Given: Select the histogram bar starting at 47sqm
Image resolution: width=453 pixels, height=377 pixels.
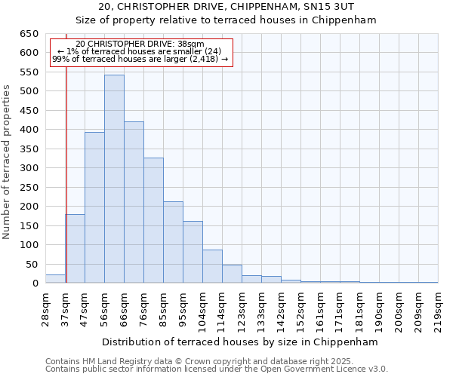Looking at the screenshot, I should point(94,207).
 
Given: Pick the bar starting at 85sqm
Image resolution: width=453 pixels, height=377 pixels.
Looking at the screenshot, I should point(173,242).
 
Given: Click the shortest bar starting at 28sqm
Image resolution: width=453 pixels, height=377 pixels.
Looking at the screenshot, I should point(55,279).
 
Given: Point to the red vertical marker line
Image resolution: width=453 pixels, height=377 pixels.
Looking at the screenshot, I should point(66,173).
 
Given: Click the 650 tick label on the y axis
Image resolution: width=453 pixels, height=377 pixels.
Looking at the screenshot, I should point(29,34).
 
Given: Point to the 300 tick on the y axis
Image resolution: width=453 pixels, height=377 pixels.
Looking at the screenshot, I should point(29,168).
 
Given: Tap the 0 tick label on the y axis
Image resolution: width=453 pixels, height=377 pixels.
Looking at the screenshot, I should point(35,284).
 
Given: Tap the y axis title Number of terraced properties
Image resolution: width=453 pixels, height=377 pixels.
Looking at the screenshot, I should point(7,162).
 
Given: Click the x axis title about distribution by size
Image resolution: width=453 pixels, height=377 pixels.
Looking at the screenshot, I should point(241,342).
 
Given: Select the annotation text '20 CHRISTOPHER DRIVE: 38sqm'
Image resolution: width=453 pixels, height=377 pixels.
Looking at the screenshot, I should point(140,44).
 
